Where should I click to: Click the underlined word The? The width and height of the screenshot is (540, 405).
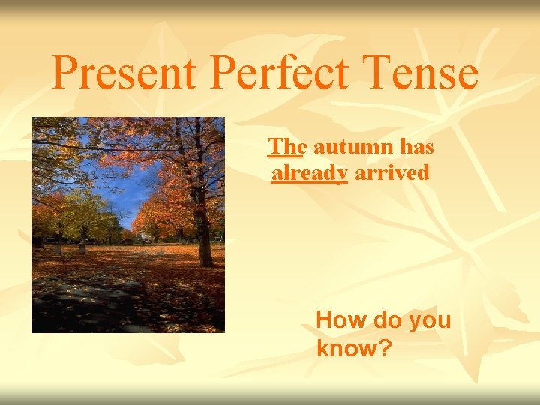(286, 148)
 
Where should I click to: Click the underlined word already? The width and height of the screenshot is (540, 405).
(310, 174)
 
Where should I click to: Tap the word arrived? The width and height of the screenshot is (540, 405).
(391, 174)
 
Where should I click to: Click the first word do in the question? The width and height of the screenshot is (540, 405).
(385, 320)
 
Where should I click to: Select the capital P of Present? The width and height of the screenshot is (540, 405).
(66, 73)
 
